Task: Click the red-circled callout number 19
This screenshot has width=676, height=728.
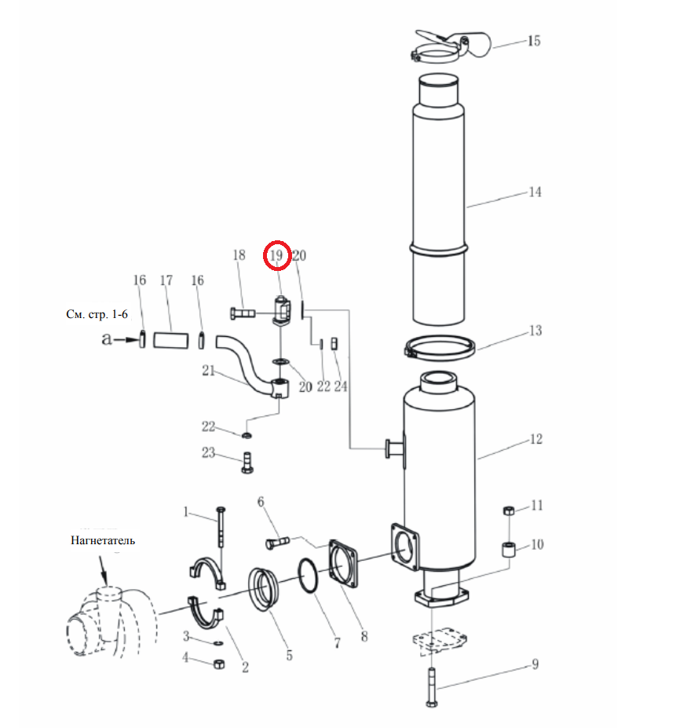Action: point(276,255)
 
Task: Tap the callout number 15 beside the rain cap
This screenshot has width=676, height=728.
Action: point(534,41)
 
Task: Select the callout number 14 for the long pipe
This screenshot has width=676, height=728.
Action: point(535,192)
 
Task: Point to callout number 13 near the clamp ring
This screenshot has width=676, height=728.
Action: point(535,331)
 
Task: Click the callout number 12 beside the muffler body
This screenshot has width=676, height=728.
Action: point(535,439)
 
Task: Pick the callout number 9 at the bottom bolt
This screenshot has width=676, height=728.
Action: point(535,664)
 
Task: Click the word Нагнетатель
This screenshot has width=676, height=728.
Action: point(103,540)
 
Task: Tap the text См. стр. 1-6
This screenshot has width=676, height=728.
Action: point(97,314)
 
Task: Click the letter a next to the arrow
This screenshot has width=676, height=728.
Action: point(107,339)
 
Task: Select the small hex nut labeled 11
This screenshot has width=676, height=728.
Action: point(509,510)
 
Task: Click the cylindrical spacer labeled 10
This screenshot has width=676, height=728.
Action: point(510,548)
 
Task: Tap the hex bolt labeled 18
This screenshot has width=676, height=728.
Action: point(243,313)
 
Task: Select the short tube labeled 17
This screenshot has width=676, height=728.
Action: point(171,339)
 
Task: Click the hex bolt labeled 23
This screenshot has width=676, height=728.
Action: point(247,463)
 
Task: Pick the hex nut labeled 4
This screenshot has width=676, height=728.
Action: point(219,664)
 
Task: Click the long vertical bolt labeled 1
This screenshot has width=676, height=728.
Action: point(221,526)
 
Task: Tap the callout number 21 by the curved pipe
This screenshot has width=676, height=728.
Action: point(208,371)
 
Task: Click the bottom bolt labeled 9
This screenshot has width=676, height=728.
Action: point(431,688)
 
